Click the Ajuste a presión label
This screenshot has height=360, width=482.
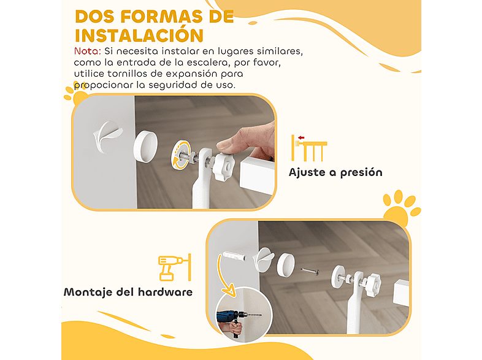pyautogui.click(x=335, y=172)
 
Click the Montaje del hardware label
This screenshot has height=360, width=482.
pyautogui.click(x=128, y=292)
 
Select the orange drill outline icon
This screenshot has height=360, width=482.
pyautogui.click(x=174, y=267)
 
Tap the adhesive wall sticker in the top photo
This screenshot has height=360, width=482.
pyautogui.click(x=109, y=132)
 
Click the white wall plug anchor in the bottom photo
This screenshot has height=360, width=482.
pyautogui.click(x=233, y=256)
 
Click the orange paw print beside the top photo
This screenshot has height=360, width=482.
pyautogui.click(x=77, y=94)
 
